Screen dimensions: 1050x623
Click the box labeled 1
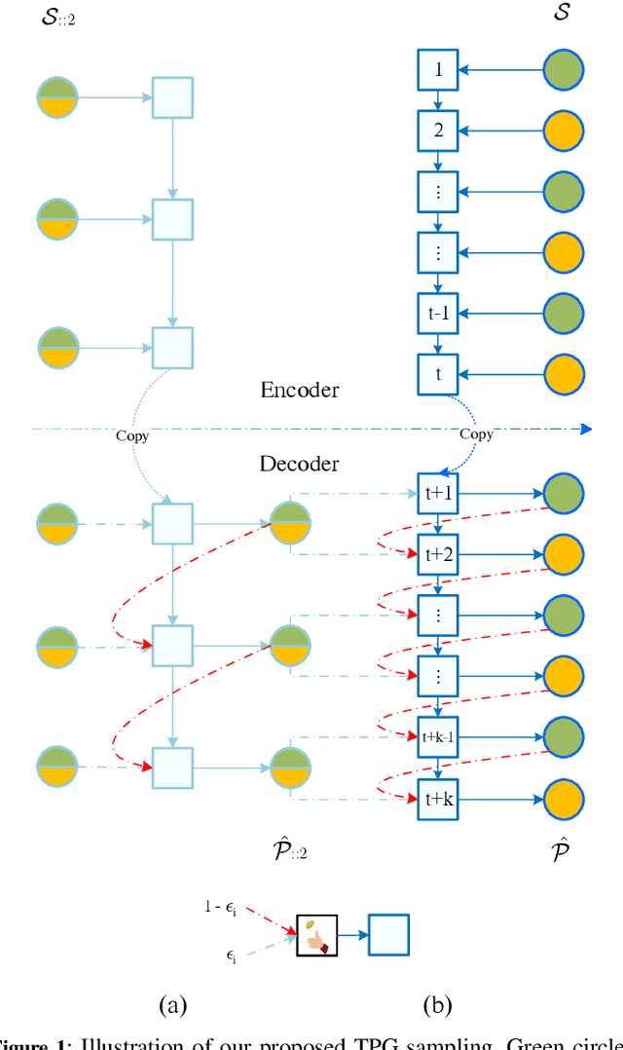point(438,70)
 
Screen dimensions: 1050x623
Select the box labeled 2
point(438,131)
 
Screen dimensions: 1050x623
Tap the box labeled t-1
point(438,314)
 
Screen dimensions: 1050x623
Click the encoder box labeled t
point(438,374)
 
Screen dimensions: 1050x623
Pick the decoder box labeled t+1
point(438,494)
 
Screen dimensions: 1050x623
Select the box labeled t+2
point(438,554)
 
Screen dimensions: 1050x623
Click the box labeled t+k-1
point(438,737)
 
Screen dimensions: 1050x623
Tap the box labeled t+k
point(438,799)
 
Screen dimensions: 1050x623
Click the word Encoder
point(300,390)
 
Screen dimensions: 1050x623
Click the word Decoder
point(300,464)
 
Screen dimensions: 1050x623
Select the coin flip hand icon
point(316,935)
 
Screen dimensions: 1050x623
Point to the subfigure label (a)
point(172,1005)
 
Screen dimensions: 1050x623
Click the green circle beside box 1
point(564,70)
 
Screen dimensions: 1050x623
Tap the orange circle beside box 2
point(564,131)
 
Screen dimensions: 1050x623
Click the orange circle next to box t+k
point(564,799)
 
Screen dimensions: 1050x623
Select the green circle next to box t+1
point(564,494)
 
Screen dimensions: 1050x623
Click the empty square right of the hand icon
point(388,935)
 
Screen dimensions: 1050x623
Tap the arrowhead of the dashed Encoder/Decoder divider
point(586,429)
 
